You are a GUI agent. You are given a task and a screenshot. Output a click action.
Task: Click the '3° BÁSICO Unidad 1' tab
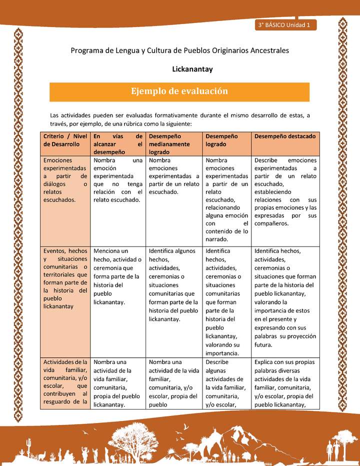284,24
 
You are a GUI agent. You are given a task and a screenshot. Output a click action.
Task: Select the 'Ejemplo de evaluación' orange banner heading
179,91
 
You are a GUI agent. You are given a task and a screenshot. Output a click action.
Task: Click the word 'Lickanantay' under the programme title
192,69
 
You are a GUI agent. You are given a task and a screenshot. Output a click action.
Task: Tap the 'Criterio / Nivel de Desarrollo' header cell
65,140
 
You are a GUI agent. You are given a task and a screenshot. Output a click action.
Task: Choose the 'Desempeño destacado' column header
284,136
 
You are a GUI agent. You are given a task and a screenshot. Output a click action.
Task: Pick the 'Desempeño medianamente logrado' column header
173,144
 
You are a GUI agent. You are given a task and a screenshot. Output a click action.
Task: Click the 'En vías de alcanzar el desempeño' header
117,144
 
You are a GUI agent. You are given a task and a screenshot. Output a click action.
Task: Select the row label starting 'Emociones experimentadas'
65,180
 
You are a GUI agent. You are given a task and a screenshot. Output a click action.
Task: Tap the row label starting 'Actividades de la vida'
65,381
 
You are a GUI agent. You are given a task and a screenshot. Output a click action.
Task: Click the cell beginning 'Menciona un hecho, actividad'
117,276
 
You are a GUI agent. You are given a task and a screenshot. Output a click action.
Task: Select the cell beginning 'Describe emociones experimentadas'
285,192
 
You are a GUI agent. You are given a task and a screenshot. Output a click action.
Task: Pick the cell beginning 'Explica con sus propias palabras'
285,382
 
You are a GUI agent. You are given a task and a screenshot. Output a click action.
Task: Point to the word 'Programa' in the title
86,50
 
